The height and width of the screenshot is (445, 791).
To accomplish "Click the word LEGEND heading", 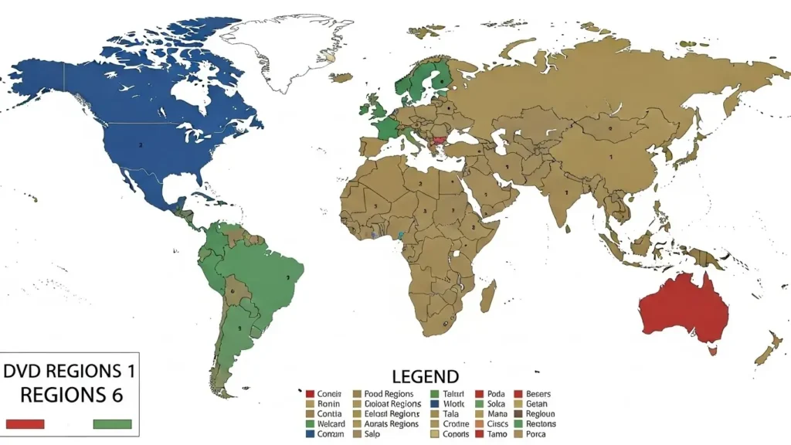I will point(426,377).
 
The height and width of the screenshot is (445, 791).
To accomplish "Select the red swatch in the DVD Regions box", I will point(25,423).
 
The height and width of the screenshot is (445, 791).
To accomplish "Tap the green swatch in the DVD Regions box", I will point(112,423).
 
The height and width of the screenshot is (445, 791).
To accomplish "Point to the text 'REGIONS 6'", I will point(70,395).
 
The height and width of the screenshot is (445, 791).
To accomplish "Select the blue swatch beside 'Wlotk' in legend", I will point(434,404).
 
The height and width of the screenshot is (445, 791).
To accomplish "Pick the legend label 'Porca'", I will point(541,433).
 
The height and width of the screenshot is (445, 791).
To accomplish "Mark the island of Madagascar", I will point(488,296).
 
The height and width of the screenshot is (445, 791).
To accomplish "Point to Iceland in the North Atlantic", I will point(333,57).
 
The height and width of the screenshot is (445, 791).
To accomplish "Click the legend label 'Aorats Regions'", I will point(392,423).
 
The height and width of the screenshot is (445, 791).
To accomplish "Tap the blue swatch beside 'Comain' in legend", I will point(310,433).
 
